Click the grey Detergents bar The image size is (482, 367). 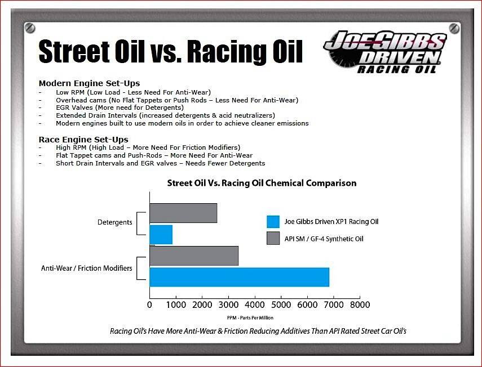[183, 213]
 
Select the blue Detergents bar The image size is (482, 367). [161, 235]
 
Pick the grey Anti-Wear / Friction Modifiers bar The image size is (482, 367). [194, 256]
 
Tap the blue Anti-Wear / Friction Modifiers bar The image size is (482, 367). [240, 277]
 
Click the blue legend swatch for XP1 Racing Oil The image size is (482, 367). [273, 222]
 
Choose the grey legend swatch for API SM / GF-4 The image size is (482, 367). [273, 239]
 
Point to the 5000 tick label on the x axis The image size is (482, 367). [281, 305]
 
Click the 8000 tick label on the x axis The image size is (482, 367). [360, 305]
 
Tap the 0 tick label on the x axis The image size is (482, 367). [150, 305]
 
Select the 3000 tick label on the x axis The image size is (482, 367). [228, 305]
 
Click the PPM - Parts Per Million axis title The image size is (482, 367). [250, 317]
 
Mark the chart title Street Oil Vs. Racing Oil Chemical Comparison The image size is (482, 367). [262, 183]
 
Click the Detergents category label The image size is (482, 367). [114, 222]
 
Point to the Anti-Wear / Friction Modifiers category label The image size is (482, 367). [87, 268]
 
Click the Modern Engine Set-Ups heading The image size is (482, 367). [89, 83]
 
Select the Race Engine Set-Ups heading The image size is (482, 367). [83, 140]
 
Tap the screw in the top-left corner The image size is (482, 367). [30, 28]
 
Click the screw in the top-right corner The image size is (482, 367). [454, 28]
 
